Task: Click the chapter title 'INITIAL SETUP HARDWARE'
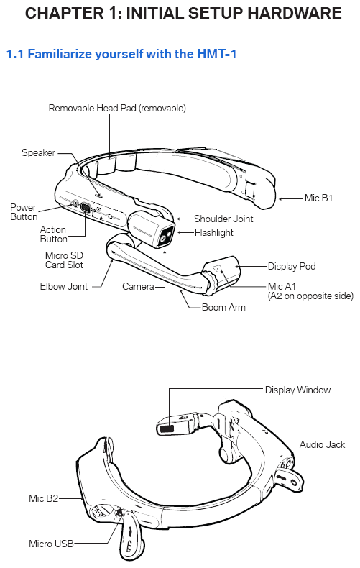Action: pos(234,14)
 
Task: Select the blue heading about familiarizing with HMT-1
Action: pos(121,54)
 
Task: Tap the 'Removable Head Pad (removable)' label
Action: pos(117,108)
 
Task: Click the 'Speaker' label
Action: pos(38,152)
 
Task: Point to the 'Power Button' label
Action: pos(24,212)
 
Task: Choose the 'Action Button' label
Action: pos(53,234)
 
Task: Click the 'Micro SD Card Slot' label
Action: pos(64,260)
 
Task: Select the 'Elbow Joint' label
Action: pos(64,286)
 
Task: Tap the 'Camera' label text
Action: pos(138,286)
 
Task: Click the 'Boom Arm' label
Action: pos(223,307)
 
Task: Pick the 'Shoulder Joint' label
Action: pos(223,219)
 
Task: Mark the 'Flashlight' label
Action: pos(213,232)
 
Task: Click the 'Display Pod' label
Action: pos(292,266)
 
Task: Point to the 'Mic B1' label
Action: pos(318,198)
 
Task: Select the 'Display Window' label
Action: pos(297,390)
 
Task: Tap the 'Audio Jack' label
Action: pos(322,444)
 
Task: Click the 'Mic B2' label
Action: pos(43,498)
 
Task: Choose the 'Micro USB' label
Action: pos(51,544)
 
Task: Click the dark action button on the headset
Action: pos(86,208)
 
